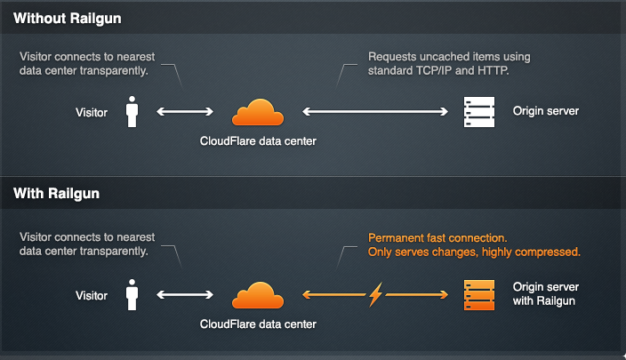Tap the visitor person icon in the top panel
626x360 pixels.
click(132, 112)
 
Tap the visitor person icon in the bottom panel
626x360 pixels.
click(132, 295)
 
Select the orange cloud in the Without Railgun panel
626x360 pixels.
click(258, 113)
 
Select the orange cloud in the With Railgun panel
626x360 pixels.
click(258, 295)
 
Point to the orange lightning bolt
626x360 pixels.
click(376, 294)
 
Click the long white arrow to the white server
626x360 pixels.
click(375, 112)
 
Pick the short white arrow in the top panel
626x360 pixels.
click(186, 112)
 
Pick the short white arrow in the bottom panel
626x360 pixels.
click(186, 294)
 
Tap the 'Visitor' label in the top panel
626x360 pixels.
click(92, 112)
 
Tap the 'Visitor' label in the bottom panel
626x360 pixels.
click(92, 295)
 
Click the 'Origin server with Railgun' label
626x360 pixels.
click(546, 294)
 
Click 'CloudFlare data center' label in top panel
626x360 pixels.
click(258, 140)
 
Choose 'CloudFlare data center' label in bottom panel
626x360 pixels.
click(258, 324)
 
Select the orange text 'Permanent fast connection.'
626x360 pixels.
click(437, 238)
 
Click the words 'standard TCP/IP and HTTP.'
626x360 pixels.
click(438, 70)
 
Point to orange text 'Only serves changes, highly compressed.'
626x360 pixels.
click(474, 252)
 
